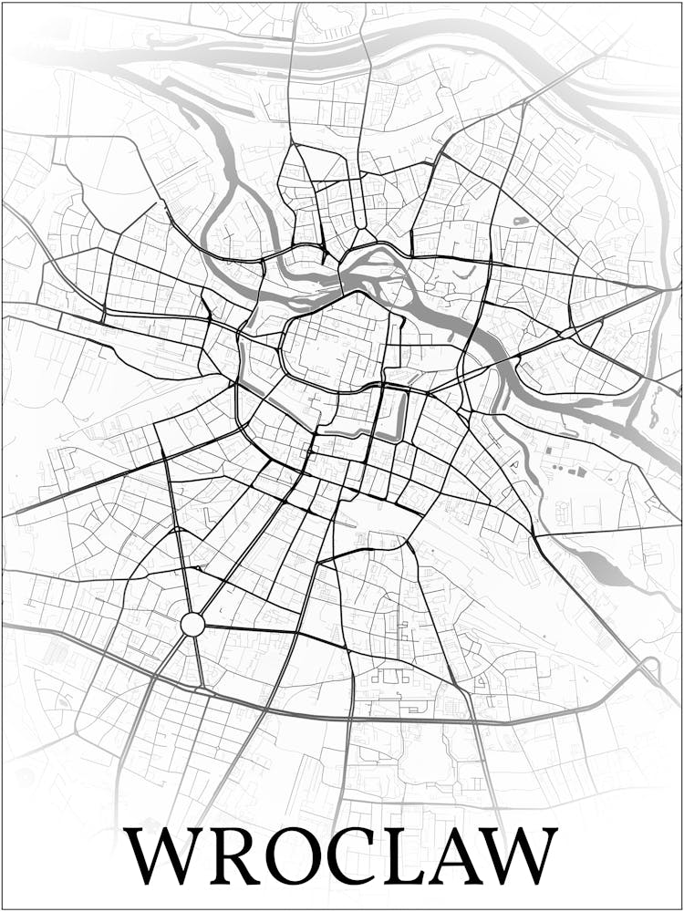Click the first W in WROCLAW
pyautogui.click(x=166, y=855)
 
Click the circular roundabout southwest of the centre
pyautogui.click(x=192, y=625)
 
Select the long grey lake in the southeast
pyautogui.click(x=602, y=570)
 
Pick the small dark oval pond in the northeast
pyautogui.click(x=521, y=221)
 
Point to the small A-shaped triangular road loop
pyautogui.click(x=513, y=465)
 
